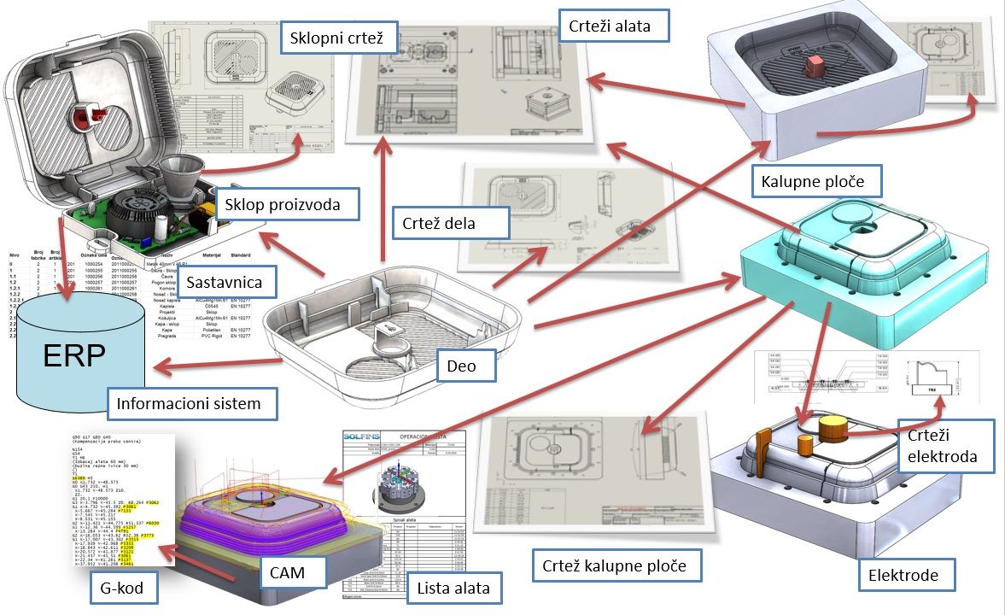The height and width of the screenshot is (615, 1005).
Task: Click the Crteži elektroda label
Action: [x=946, y=447]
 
